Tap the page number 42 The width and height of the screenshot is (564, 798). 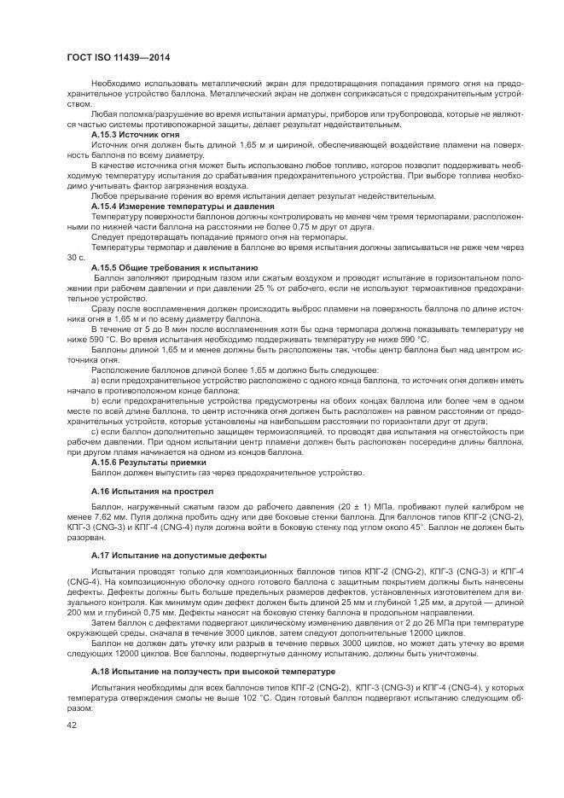[72, 725]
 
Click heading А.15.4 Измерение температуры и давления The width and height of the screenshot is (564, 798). [182, 207]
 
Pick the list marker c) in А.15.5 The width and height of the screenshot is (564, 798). [95, 432]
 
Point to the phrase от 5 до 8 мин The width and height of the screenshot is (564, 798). [137, 328]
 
